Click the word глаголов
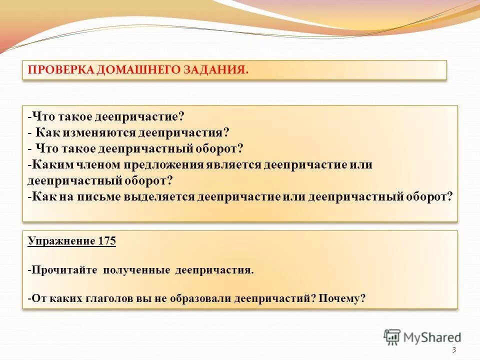(108, 299)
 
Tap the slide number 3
(453, 350)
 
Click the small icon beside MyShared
(392, 337)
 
